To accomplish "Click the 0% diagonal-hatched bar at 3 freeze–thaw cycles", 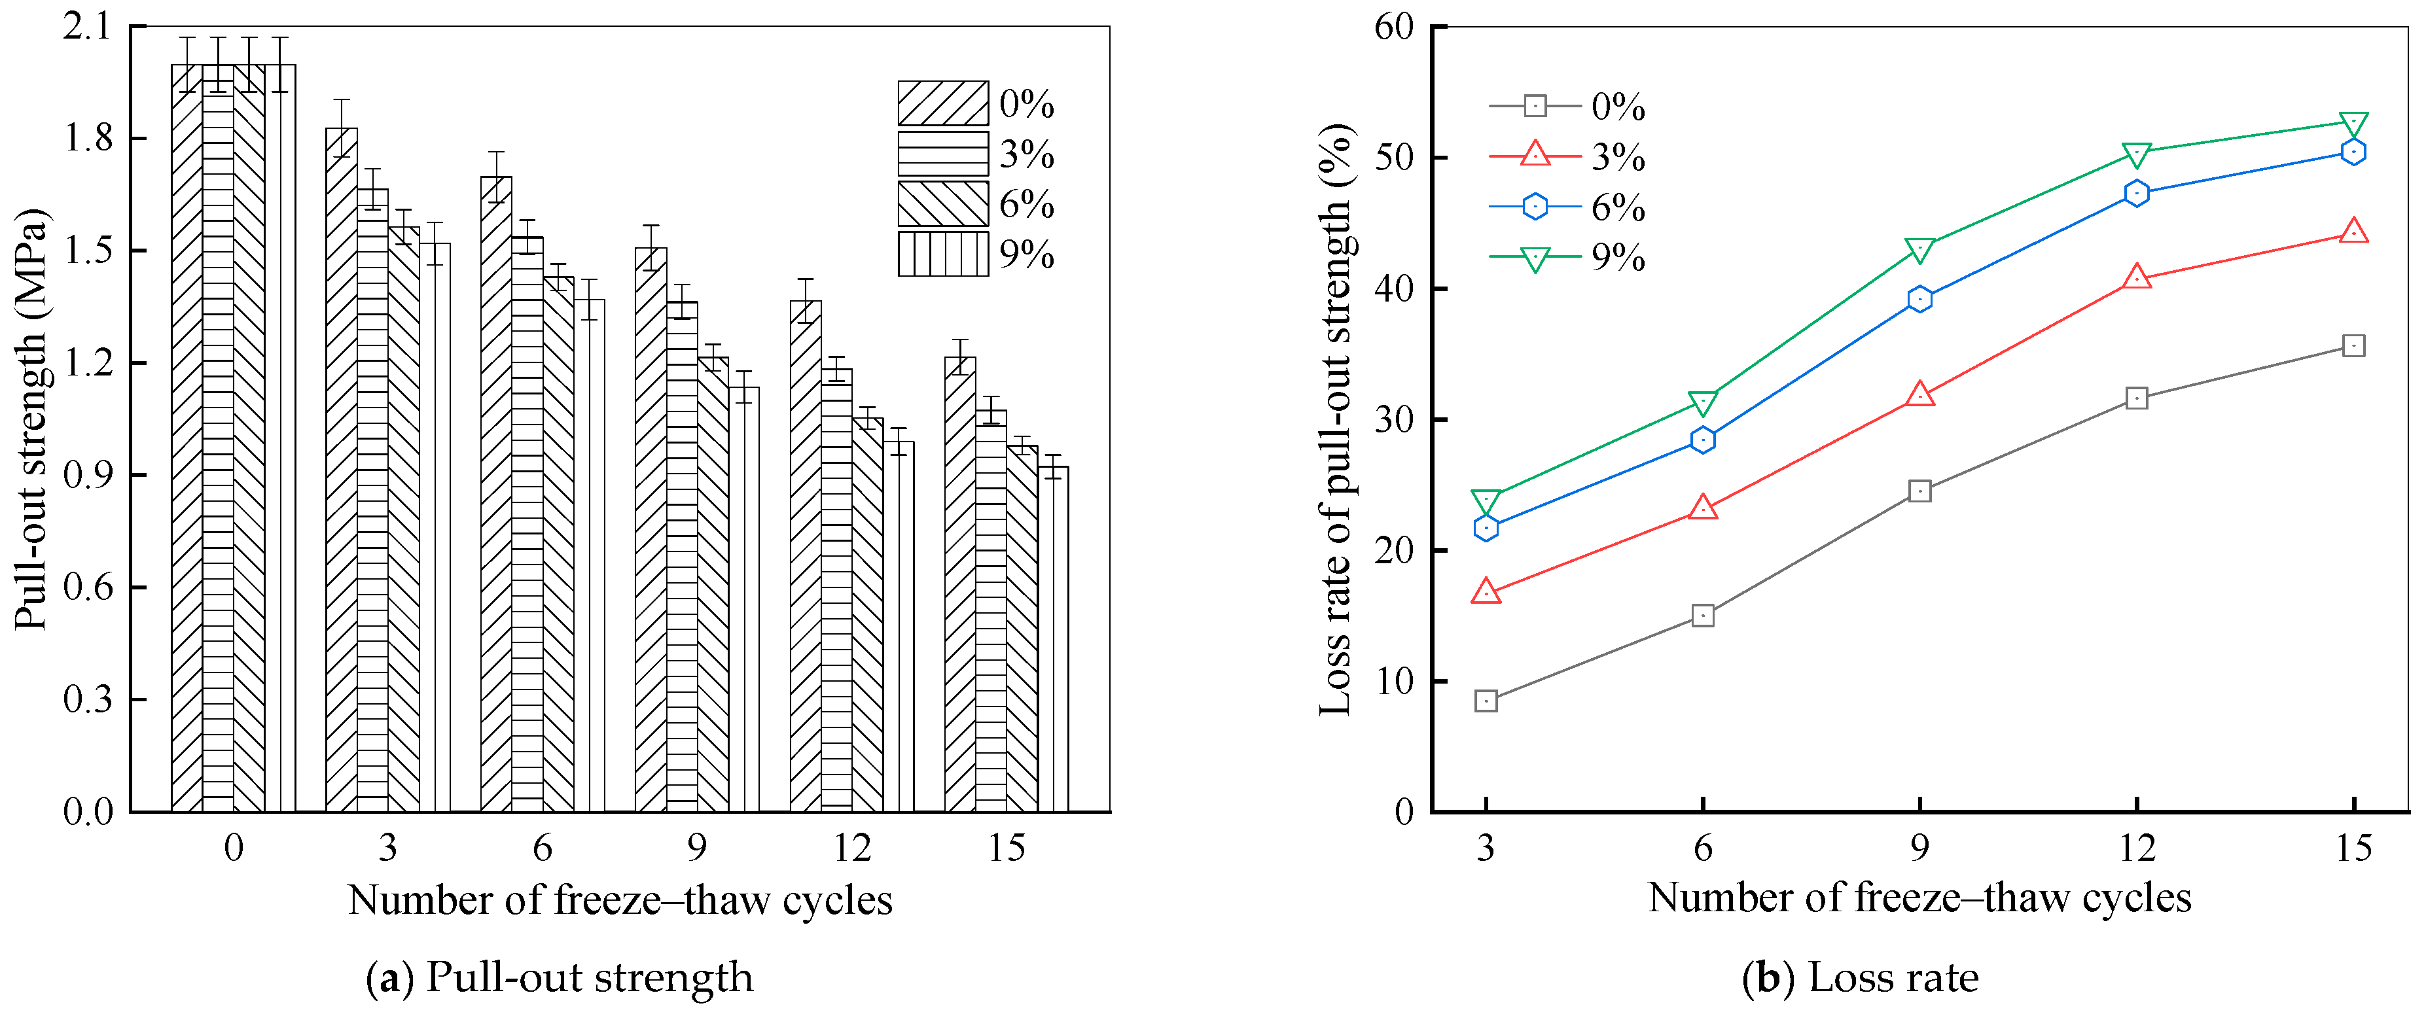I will [341, 471].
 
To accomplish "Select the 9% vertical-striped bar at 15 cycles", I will [1053, 640].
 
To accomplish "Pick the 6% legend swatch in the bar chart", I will [942, 204].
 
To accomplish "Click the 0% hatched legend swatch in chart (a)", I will [942, 103].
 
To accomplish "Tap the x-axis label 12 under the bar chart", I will [851, 849].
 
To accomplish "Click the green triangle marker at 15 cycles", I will [2353, 124].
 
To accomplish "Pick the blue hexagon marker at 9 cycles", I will [1919, 300].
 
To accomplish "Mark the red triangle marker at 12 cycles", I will [2137, 278].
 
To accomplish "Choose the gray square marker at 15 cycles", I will [2353, 347].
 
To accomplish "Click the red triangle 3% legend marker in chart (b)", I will [1535, 154].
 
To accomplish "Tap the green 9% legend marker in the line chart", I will [1535, 258].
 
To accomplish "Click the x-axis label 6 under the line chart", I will [1703, 849].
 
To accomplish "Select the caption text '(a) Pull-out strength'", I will [560, 978].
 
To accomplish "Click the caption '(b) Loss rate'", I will [1860, 978].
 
